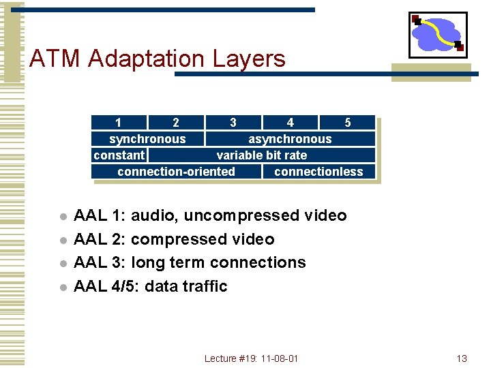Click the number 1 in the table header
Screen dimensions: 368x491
[119, 123]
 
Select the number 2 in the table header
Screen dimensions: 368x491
[176, 123]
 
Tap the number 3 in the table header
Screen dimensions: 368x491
[233, 123]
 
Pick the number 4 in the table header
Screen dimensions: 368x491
[291, 123]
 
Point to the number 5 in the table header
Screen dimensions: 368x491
[348, 123]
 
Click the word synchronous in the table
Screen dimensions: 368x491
[147, 139]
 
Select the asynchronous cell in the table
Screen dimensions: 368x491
[290, 139]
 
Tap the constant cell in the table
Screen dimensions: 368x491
[119, 155]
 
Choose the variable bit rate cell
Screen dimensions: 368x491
[262, 155]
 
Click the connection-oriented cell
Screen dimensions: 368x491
[176, 172]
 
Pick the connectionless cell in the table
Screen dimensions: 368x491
[318, 172]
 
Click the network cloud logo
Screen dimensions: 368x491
[438, 35]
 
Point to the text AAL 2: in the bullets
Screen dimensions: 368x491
[99, 239]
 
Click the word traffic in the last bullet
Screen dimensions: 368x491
[204, 286]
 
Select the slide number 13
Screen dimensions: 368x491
[462, 358]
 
